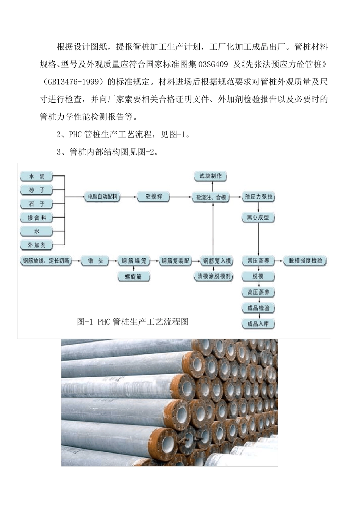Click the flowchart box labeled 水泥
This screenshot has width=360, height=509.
point(37,176)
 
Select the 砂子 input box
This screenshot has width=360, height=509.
point(37,190)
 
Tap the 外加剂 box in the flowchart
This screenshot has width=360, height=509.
point(37,245)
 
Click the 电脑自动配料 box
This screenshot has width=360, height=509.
point(102,197)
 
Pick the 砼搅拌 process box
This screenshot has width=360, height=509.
point(154,197)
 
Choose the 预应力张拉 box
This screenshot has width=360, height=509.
point(258,197)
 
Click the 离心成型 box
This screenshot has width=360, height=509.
point(258,217)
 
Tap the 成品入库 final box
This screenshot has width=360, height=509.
point(258,324)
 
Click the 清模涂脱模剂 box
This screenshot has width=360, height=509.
point(214,276)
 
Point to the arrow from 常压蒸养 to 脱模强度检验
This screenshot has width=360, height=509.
point(279,261)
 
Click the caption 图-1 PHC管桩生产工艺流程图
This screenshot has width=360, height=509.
point(133,322)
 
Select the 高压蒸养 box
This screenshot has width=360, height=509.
point(258,292)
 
